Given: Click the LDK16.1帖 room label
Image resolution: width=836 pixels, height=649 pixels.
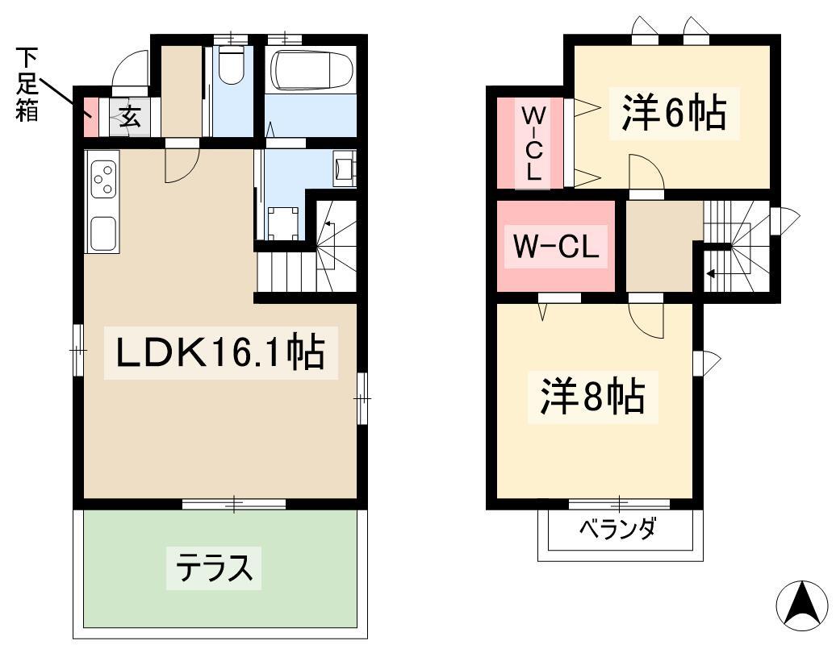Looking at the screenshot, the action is click(221, 352).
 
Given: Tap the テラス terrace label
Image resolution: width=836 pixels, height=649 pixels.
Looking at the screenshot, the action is click(214, 568).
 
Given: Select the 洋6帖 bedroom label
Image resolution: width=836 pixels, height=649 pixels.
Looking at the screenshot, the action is click(674, 113).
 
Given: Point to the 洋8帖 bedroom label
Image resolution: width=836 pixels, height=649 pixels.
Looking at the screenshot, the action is click(592, 397).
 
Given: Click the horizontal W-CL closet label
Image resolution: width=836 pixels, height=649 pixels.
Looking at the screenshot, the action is click(555, 247).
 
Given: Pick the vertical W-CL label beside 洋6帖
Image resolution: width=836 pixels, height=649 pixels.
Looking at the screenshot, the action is click(533, 143).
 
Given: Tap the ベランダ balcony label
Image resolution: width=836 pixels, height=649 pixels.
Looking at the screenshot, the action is click(617, 529).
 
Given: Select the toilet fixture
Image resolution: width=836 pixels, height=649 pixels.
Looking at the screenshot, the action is click(232, 64).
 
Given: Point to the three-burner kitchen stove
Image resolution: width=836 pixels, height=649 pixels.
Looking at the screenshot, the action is click(103, 179).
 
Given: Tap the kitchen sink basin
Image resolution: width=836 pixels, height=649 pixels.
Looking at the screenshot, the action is click(103, 233).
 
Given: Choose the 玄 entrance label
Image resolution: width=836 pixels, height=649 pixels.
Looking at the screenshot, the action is click(129, 117).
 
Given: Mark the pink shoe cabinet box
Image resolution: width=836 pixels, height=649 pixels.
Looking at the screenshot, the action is click(91, 117).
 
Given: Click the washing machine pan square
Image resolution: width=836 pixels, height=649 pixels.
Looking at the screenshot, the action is click(282, 223).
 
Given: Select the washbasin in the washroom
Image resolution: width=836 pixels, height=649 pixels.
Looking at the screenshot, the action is click(344, 168).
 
